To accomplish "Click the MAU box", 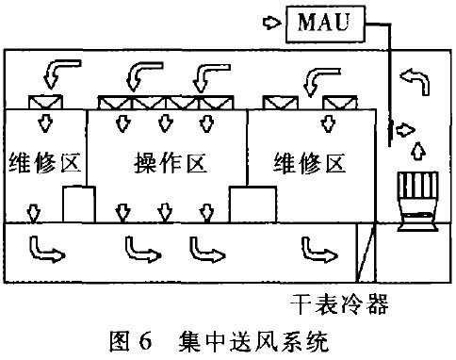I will click(322, 20).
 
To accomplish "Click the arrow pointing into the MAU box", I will click(271, 20).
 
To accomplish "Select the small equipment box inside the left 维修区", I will click(79, 204).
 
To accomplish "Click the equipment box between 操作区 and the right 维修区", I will click(252, 204).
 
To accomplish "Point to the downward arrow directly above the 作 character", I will click(167, 123).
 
